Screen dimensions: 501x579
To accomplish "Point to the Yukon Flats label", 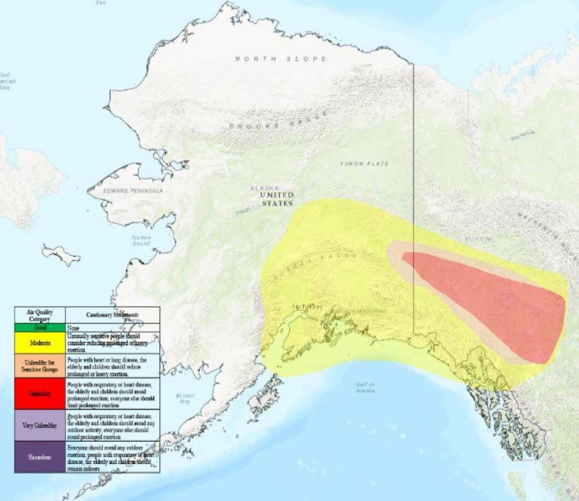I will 364,164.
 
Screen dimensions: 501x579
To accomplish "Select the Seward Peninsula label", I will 135,191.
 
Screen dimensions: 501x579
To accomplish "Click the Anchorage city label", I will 305,306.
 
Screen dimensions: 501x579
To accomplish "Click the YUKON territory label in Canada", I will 478,238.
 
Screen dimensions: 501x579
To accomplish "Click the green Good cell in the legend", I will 40,327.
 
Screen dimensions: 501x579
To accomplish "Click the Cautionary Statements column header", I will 112,315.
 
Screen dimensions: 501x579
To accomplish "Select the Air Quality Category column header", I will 40,314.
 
